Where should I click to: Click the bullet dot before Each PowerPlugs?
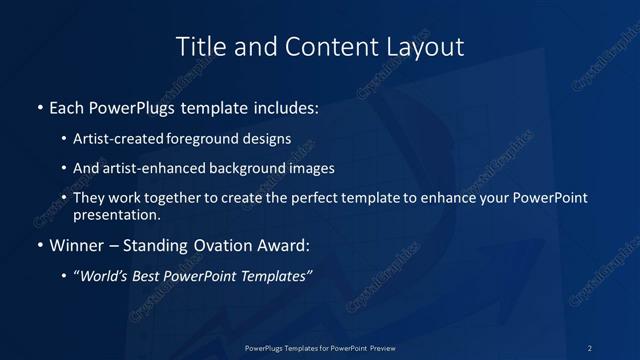click(x=39, y=105)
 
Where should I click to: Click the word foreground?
click(x=210, y=139)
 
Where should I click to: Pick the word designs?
click(x=268, y=139)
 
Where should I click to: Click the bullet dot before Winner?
click(x=39, y=245)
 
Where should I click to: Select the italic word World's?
click(x=105, y=276)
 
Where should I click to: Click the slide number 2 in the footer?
click(x=590, y=347)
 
